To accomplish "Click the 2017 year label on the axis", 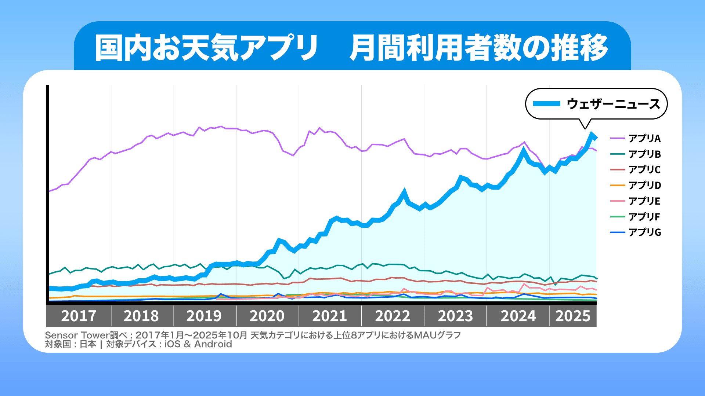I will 79,316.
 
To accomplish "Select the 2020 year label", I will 267,316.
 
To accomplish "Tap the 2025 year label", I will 572,316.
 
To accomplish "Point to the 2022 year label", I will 393,316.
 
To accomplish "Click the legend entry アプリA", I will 644,138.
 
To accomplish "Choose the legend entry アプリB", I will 644,154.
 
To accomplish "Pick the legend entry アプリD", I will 644,185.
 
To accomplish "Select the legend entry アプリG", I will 644,232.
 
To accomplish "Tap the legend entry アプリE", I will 644,201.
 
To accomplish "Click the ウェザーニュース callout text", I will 613,104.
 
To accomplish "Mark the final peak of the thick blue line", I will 592,135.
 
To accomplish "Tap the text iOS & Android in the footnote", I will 198,344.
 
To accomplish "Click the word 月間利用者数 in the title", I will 435,48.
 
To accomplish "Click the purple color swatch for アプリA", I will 618,138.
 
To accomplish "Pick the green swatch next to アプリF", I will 618,217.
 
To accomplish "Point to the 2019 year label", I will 204,316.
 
